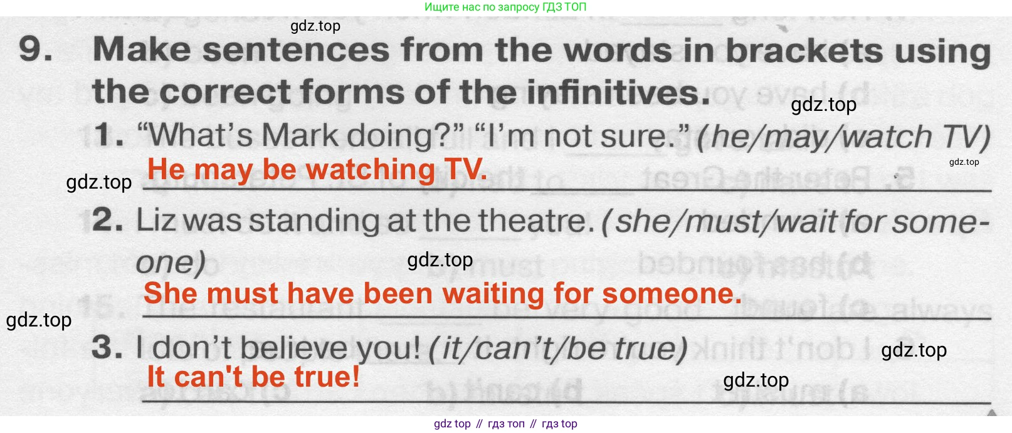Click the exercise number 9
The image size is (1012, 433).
pyautogui.click(x=35, y=49)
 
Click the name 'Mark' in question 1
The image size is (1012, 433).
pyautogui.click(x=300, y=135)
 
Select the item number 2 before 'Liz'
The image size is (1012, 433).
pyautogui.click(x=107, y=220)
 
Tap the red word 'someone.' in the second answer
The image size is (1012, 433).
pyautogui.click(x=672, y=293)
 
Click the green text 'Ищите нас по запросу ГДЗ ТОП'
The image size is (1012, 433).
pyautogui.click(x=505, y=7)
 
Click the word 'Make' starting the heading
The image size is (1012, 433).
pyautogui.click(x=142, y=49)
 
